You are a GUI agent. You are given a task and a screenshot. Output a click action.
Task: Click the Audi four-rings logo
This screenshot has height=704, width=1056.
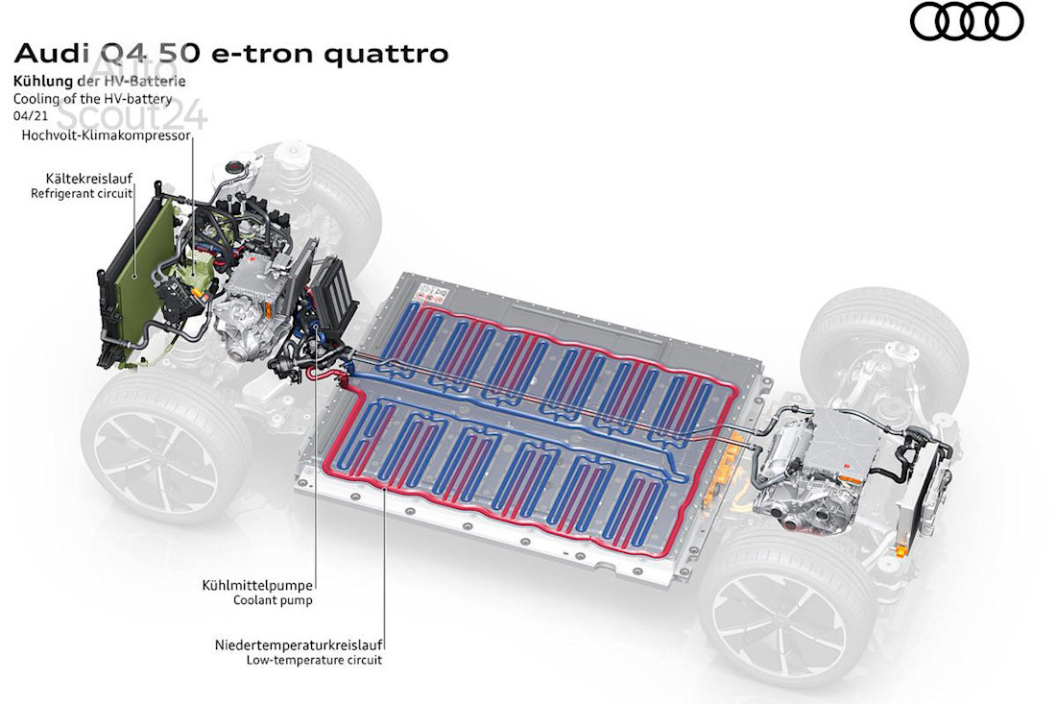(967, 22)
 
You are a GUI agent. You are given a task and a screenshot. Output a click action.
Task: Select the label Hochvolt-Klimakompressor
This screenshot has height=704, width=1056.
(106, 135)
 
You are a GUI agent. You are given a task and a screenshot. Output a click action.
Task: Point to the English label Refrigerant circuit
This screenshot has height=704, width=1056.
(82, 193)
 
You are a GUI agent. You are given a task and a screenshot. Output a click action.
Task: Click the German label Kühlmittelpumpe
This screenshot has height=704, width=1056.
(257, 584)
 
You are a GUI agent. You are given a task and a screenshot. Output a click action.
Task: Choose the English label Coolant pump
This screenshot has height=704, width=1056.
(273, 600)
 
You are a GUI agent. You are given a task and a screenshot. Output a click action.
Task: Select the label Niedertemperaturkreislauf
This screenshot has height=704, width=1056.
(299, 643)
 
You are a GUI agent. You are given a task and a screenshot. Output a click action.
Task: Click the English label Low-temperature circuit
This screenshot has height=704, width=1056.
(313, 660)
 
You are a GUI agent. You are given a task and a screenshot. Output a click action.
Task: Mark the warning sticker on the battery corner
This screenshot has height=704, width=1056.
(428, 288)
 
